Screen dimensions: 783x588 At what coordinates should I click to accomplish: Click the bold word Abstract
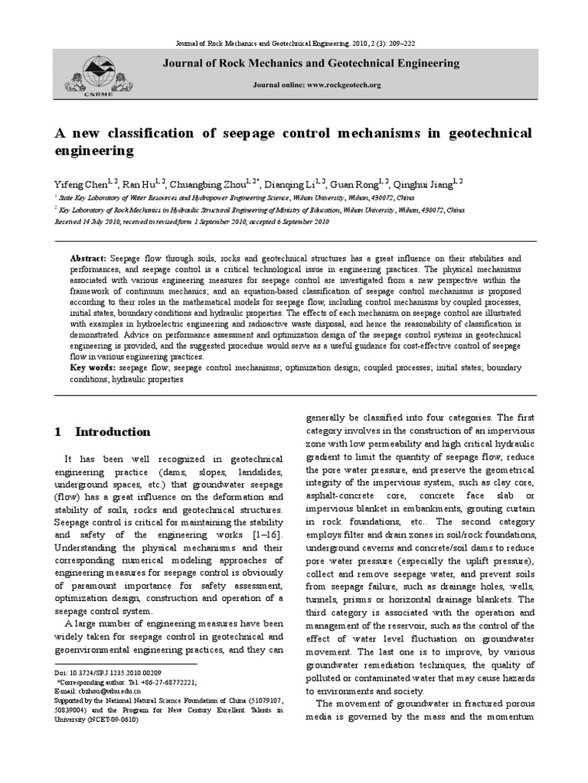pos(87,259)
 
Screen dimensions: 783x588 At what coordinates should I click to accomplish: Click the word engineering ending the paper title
pos(93,151)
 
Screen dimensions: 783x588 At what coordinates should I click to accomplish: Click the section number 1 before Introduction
pos(57,432)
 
